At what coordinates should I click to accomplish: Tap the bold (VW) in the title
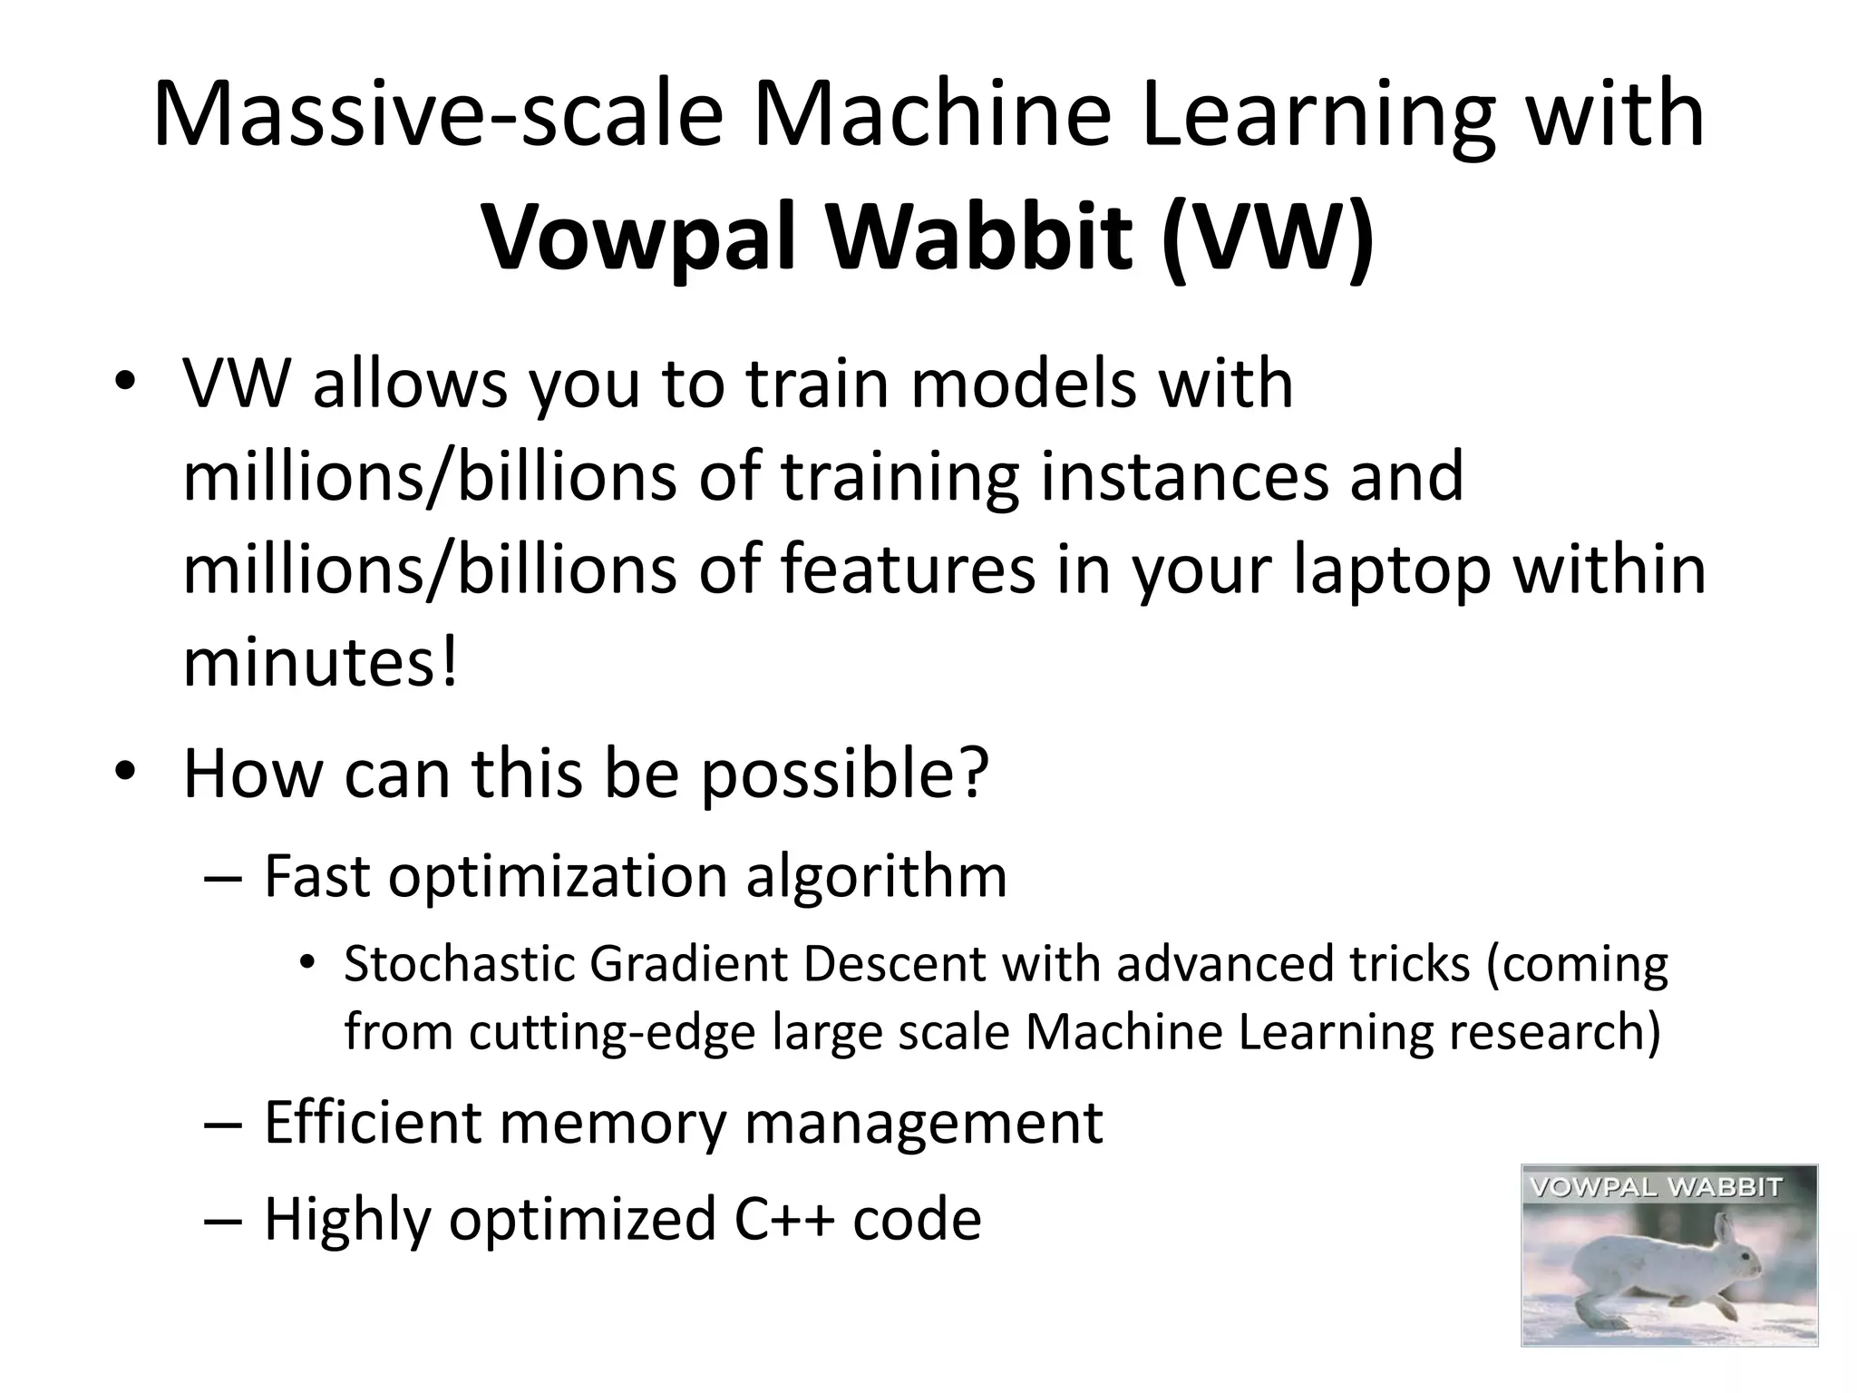(x=1268, y=238)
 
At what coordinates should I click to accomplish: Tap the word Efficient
(x=372, y=1123)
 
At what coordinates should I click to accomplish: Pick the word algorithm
(x=876, y=877)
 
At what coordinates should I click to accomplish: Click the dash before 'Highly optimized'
(x=223, y=1219)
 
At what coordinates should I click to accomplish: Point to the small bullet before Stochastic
(x=307, y=962)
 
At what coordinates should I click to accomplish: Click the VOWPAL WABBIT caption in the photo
(x=1657, y=1187)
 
